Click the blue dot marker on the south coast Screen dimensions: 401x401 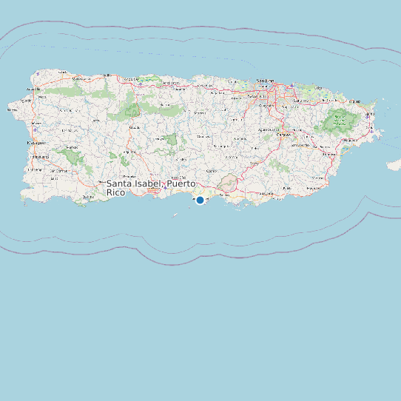200,200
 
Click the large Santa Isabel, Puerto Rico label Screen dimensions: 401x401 151,188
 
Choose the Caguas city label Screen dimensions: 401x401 283,135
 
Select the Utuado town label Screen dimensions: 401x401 135,127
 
